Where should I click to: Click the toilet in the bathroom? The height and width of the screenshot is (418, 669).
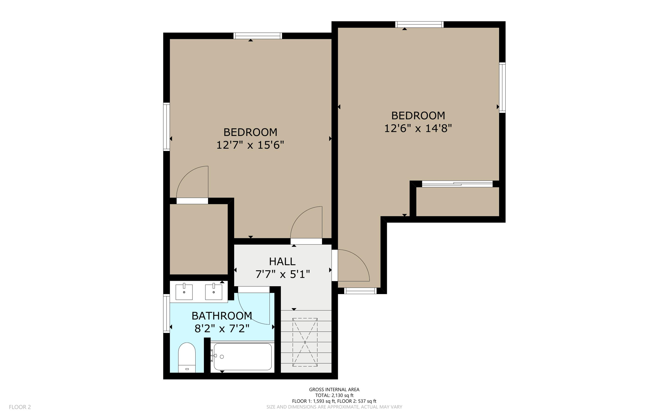[x=187, y=357]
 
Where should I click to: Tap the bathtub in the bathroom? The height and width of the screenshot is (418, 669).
[x=242, y=357]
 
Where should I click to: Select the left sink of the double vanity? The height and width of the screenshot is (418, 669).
[x=184, y=292]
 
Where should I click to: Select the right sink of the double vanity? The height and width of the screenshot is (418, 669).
[x=214, y=292]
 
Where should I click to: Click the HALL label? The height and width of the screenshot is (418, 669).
[x=282, y=261]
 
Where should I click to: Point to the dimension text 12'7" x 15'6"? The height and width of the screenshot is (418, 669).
[x=250, y=145]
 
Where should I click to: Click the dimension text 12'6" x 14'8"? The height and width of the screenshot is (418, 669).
[x=418, y=128]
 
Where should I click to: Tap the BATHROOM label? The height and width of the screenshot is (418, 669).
[x=221, y=316]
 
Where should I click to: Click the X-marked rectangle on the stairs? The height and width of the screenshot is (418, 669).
[x=305, y=342]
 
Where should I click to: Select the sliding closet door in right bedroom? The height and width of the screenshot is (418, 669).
[x=457, y=184]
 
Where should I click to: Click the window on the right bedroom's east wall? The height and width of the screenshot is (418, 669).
[x=502, y=88]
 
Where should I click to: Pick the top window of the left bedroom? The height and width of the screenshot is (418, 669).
[x=258, y=36]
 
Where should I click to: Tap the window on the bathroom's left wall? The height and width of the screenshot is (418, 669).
[x=167, y=313]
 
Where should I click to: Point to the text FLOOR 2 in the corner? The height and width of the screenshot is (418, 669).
[x=20, y=407]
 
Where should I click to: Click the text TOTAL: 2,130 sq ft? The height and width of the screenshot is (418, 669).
[x=334, y=395]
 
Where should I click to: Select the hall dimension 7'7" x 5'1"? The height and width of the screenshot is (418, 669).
[x=282, y=274]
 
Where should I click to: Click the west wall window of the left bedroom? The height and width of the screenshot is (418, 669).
[x=167, y=126]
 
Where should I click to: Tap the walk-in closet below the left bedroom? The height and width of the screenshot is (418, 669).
[x=199, y=239]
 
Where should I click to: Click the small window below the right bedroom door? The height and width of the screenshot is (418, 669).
[x=360, y=291]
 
